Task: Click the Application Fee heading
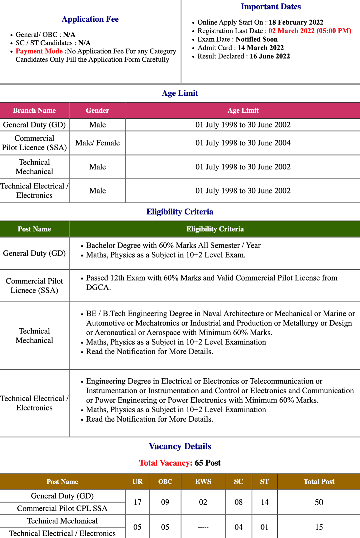(90, 19)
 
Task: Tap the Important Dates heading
(271, 7)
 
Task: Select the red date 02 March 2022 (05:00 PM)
(310, 31)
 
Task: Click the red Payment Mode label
(41, 51)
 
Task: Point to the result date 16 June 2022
(270, 56)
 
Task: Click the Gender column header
(97, 110)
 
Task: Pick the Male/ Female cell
(97, 143)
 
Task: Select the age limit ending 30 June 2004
(243, 143)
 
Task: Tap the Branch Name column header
(34, 110)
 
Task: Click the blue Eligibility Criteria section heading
(180, 212)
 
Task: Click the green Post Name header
(34, 229)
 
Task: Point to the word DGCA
(98, 288)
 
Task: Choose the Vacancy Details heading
(180, 446)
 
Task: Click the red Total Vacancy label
(166, 463)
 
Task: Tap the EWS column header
(203, 482)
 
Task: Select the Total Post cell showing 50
(319, 502)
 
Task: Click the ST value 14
(264, 502)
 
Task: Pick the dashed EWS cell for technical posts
(203, 527)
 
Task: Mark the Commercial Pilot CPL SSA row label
(62, 508)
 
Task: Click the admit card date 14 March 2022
(260, 48)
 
